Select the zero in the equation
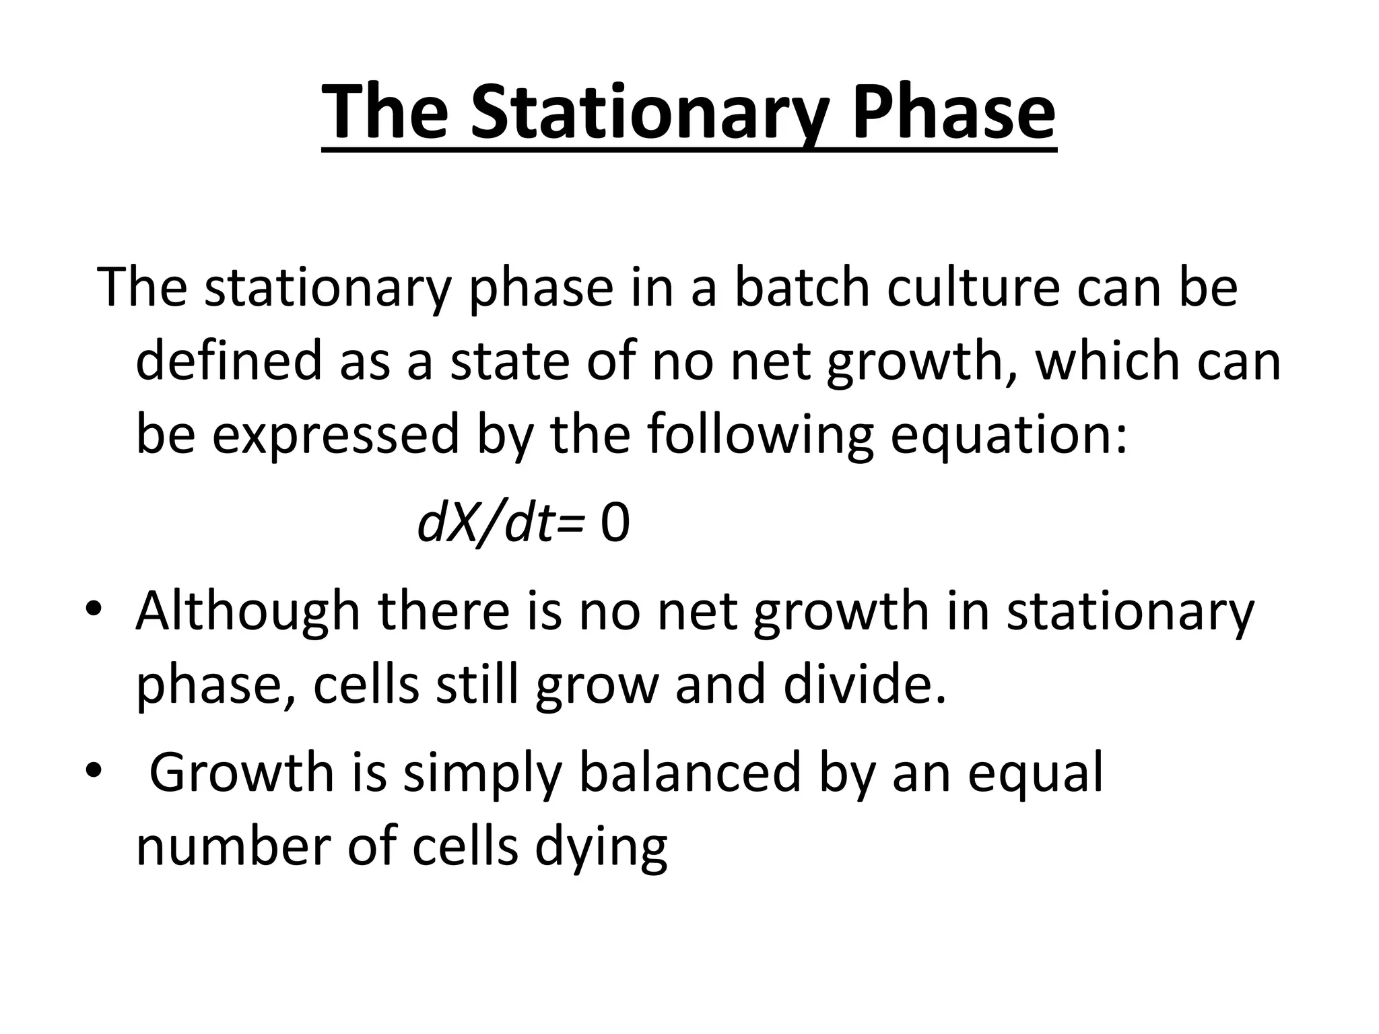click(615, 524)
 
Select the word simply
click(481, 773)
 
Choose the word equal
click(1036, 773)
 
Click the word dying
click(601, 847)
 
